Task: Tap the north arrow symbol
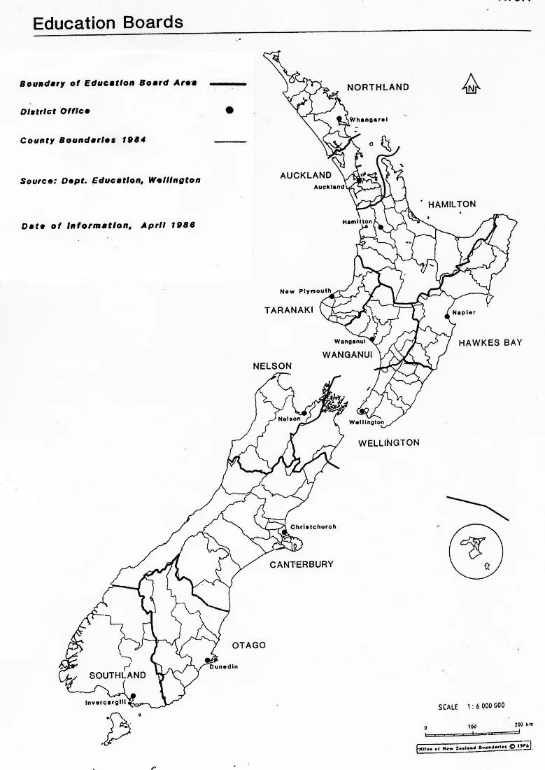pos(471,85)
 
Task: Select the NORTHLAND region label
pos(378,87)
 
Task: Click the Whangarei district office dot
pos(339,119)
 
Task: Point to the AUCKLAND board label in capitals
pos(306,176)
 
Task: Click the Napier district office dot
pos(447,316)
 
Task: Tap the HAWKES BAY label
pos(490,343)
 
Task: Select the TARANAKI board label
pos(288,310)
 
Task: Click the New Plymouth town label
pos(306,292)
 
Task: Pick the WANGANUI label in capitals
pos(346,355)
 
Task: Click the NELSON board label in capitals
pos(272,366)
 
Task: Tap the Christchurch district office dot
pos(284,533)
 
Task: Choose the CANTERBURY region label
pos(302,564)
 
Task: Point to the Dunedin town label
pos(224,667)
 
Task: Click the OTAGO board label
pos(249,645)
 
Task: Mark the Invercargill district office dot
pos(133,696)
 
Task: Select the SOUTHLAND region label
pos(118,675)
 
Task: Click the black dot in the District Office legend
pos(229,111)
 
